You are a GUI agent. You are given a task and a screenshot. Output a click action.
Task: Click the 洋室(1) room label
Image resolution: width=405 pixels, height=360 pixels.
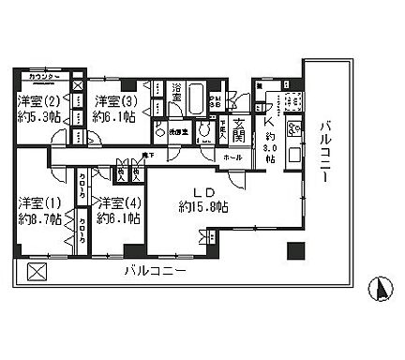(x=38, y=202)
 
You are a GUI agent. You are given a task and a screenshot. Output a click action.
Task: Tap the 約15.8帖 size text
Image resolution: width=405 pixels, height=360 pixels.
(x=203, y=206)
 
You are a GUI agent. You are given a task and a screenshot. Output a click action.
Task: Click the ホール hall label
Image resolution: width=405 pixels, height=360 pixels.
(x=232, y=157)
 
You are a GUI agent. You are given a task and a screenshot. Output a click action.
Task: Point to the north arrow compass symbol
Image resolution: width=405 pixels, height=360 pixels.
(x=381, y=289)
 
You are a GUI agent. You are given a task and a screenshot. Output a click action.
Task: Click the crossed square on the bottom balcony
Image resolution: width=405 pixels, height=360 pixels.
(x=36, y=272)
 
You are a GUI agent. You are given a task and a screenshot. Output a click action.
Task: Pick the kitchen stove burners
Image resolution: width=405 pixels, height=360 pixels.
(x=294, y=129)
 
